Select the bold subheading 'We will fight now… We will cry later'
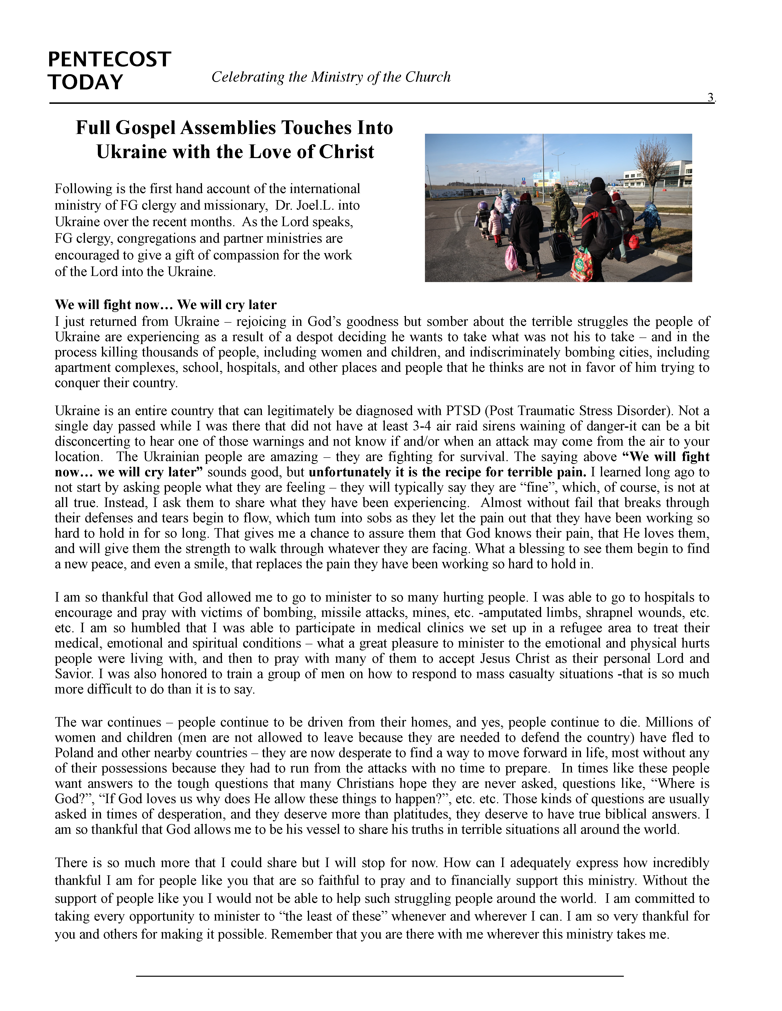pos(166,305)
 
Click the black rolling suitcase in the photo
pos(561,245)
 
